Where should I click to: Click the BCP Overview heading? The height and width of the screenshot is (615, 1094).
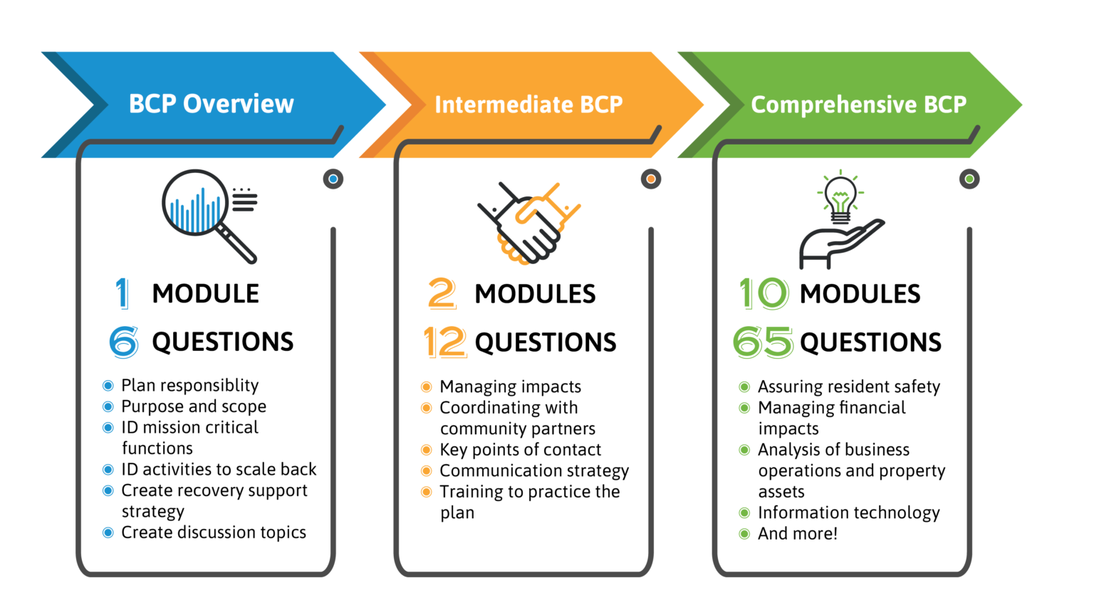[x=211, y=104]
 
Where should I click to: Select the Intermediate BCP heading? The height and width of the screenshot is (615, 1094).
[x=528, y=105]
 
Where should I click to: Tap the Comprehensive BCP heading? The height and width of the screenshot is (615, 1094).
[x=858, y=105]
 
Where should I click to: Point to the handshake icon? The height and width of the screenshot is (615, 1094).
[x=528, y=222]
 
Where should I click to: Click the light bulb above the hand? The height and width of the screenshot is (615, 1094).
[x=840, y=197]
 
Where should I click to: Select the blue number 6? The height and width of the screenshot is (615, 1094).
[x=124, y=342]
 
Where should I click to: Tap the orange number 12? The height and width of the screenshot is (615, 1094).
[x=444, y=342]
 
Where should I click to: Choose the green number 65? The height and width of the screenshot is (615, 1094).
[x=763, y=342]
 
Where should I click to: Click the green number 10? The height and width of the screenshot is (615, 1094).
[x=764, y=293]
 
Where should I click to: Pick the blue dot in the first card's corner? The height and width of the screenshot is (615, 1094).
[x=333, y=179]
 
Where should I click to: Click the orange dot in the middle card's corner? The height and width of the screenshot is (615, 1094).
[x=650, y=179]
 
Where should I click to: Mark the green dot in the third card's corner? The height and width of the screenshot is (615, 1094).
[x=969, y=179]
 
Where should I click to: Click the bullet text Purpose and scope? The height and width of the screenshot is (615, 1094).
[x=194, y=406]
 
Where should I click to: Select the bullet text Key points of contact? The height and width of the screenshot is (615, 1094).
[x=520, y=450]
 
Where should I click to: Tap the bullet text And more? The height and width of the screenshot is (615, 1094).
[x=798, y=534]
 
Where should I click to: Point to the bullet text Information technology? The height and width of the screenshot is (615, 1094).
[x=848, y=512]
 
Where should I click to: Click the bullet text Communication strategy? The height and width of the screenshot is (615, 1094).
[x=534, y=471]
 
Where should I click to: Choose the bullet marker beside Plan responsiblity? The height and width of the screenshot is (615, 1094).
[x=108, y=386]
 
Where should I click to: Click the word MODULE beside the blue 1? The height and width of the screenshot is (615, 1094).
[x=205, y=293]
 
